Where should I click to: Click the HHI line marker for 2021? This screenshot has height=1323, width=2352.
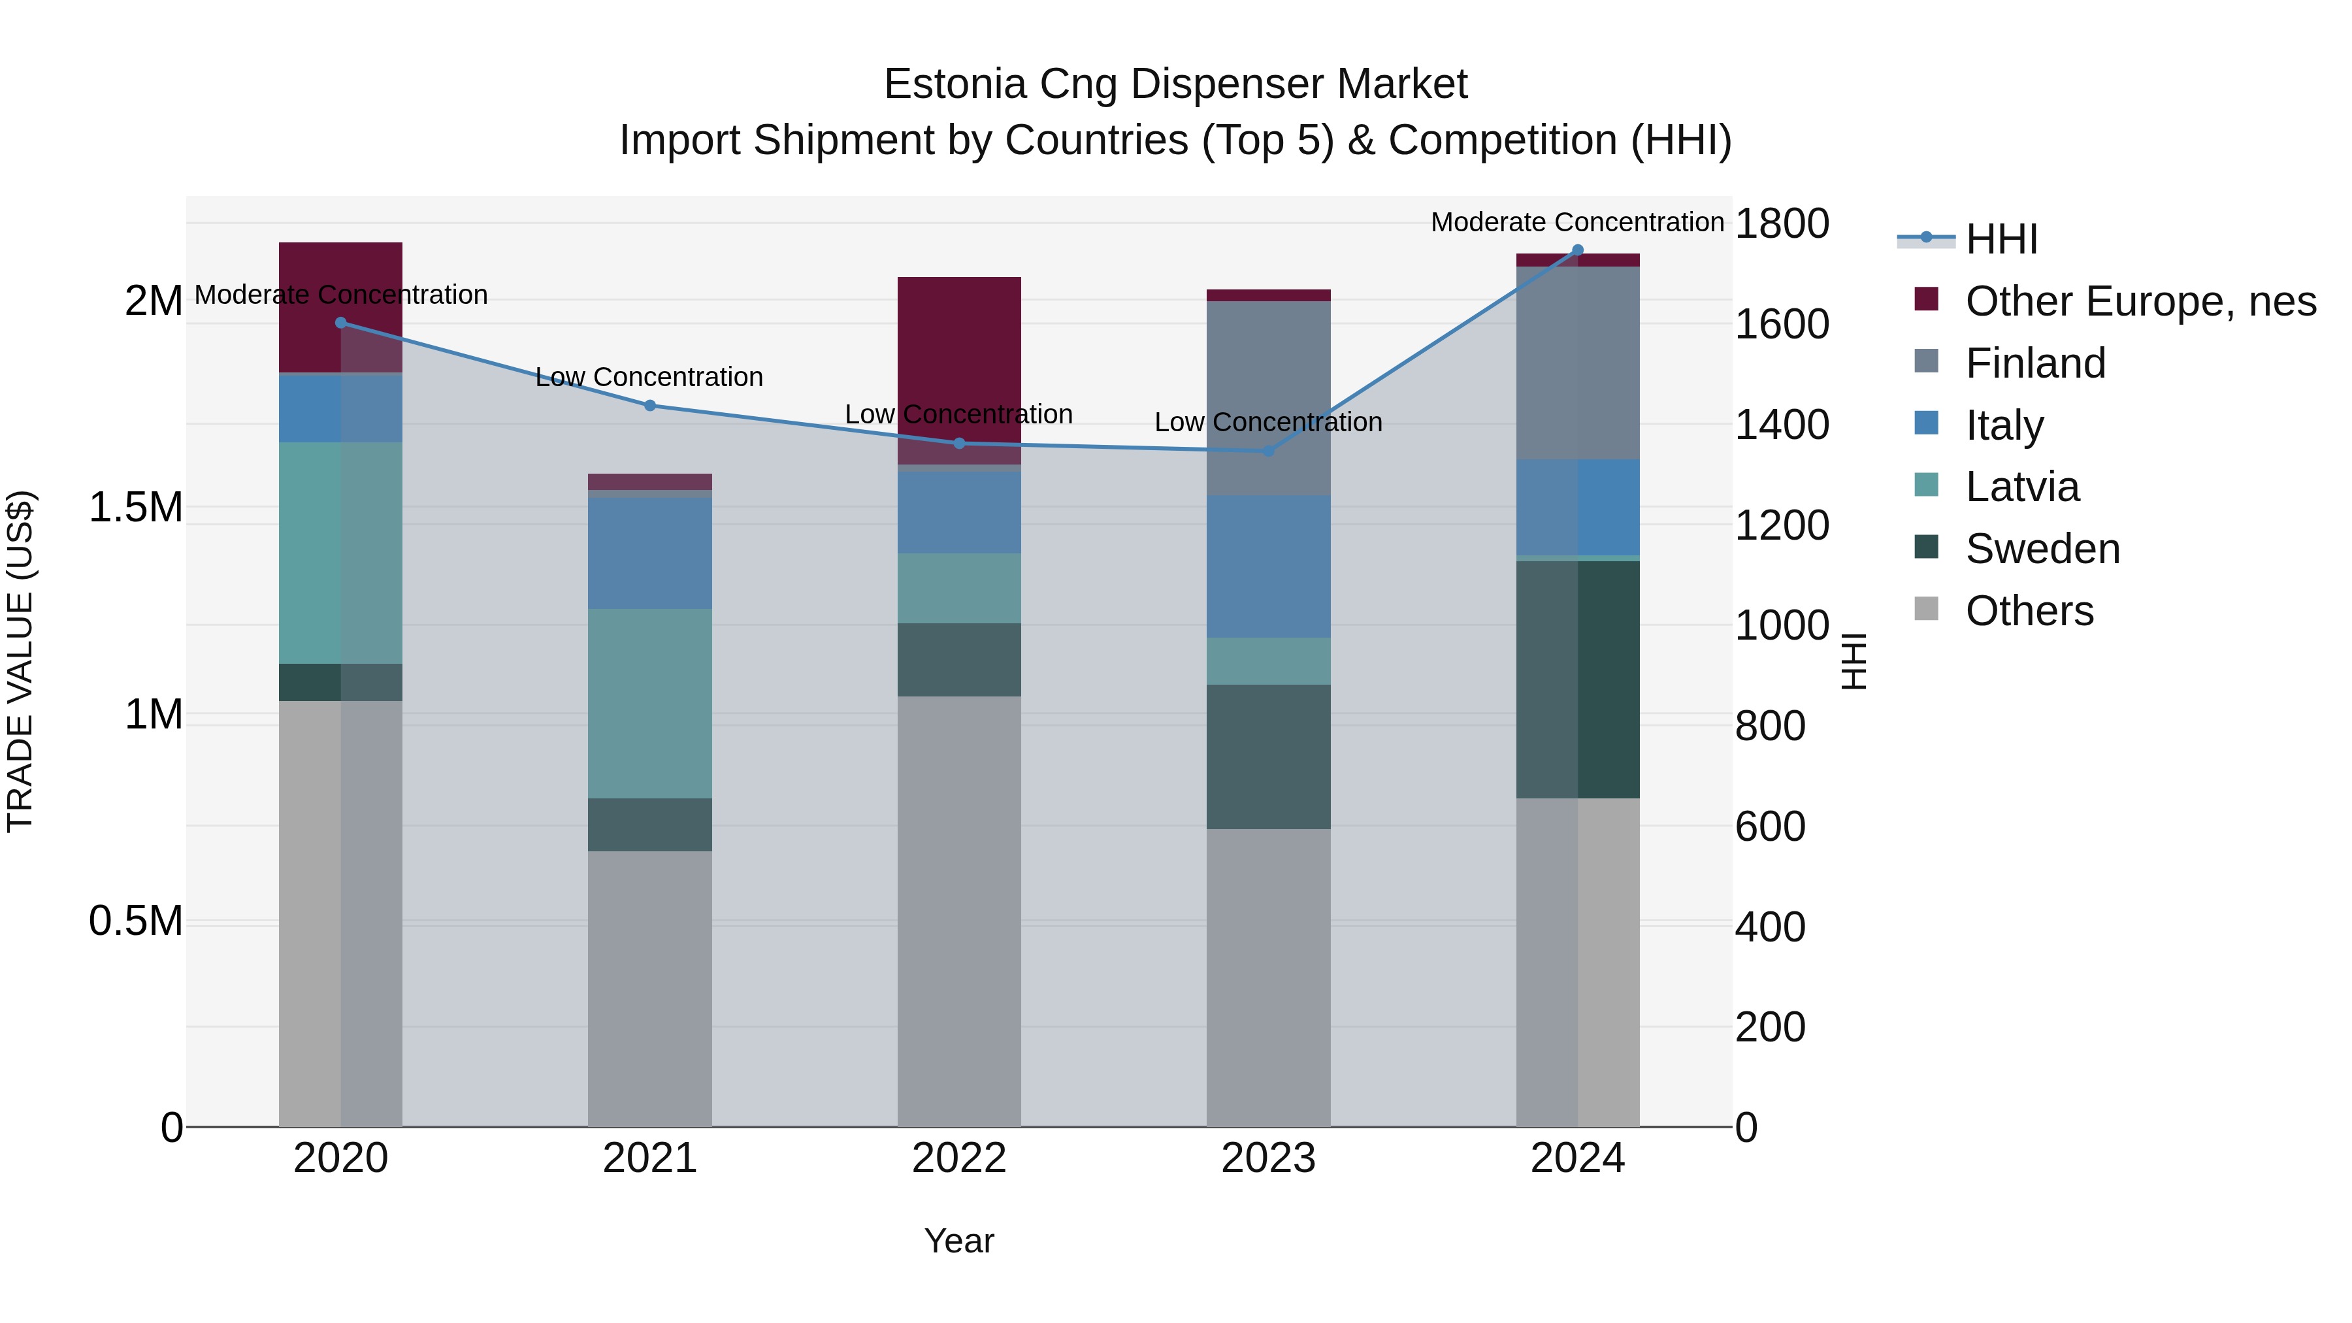pos(650,405)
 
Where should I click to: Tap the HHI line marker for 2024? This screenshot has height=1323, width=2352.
pos(1577,250)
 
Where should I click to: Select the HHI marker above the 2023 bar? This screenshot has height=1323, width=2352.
pos(1268,450)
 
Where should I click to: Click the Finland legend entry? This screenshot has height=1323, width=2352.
pos(2034,363)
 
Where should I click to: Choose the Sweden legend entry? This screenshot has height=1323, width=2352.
pos(2042,549)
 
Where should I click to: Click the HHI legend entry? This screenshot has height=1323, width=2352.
pos(2001,239)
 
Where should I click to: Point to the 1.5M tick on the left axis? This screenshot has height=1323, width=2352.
pos(136,508)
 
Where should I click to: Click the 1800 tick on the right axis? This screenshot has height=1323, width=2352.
pos(1782,223)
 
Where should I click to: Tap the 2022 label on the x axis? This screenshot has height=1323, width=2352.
pos(958,1158)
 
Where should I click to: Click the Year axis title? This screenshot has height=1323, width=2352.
pos(958,1241)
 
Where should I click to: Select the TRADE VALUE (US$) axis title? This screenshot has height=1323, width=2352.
pos(21,661)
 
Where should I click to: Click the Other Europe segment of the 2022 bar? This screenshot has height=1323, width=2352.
pos(958,365)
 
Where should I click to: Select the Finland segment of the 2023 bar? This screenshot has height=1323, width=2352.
pos(1268,397)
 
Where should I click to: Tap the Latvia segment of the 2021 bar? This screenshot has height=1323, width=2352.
pos(650,703)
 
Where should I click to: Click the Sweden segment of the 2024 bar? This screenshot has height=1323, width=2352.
pos(1577,679)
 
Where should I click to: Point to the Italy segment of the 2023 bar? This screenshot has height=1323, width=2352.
pos(1268,566)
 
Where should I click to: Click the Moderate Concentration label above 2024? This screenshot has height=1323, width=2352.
pos(1577,222)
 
